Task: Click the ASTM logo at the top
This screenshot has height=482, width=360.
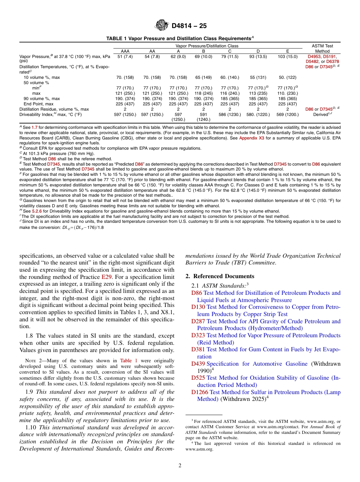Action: (162, 26)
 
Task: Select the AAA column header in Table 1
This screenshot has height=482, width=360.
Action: (125, 51)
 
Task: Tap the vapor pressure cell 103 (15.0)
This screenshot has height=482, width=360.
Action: (287, 56)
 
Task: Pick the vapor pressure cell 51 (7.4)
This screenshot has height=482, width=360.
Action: (125, 56)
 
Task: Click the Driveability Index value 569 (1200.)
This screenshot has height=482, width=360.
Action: (287, 114)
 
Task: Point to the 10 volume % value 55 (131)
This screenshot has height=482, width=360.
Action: (258, 77)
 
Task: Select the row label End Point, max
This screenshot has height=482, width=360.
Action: (38, 104)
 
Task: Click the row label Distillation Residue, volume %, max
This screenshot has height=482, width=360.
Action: (54, 109)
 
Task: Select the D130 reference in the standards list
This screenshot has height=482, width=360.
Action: (198, 307)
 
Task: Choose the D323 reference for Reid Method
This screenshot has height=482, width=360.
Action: (198, 335)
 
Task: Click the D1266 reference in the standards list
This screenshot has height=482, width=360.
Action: (200, 392)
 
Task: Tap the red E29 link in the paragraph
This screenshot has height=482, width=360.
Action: (106, 277)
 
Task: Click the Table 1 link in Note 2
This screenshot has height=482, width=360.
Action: (128, 361)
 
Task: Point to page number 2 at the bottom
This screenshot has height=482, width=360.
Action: (180, 466)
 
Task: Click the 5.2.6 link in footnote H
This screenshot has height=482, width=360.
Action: (36, 211)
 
